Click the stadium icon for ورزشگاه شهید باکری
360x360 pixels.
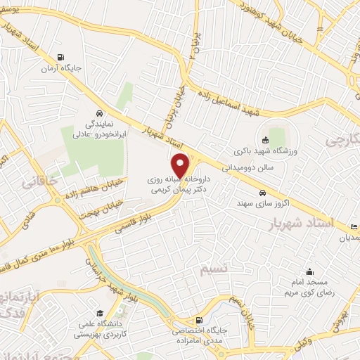click(265, 139)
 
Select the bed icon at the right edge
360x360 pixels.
click(353, 226)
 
